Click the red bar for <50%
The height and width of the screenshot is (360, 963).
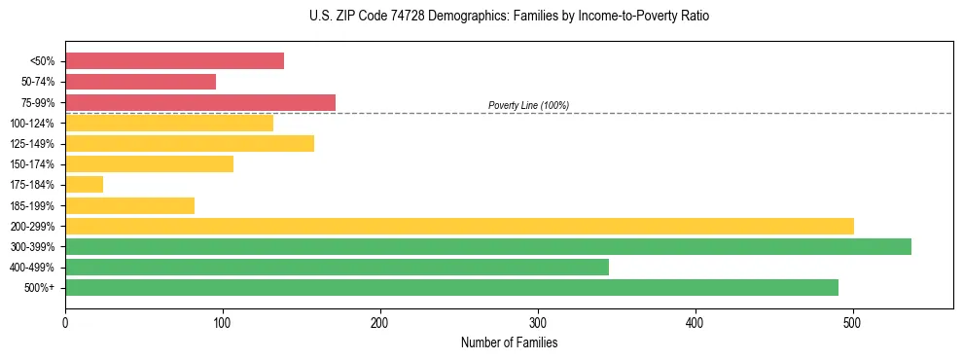point(175,61)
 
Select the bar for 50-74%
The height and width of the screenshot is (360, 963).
point(141,82)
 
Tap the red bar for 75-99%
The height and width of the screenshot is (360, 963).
point(200,102)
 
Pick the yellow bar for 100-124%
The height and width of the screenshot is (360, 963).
point(169,123)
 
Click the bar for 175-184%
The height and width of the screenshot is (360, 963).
point(85,184)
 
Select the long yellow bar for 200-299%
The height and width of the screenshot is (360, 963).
point(459,226)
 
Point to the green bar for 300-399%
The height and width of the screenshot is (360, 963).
point(488,246)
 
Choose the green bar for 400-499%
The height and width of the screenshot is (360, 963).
point(337,267)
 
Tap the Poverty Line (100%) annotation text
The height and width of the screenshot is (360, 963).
point(528,105)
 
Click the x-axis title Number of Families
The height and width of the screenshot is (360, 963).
point(509,342)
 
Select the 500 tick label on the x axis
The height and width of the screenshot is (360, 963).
point(853,322)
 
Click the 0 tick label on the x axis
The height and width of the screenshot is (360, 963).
point(65,322)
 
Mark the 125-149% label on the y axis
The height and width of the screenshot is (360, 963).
point(32,144)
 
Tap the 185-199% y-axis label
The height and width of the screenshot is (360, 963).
point(32,205)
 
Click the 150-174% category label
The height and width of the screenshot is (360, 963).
point(32,164)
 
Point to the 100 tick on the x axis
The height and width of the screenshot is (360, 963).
point(223,322)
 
